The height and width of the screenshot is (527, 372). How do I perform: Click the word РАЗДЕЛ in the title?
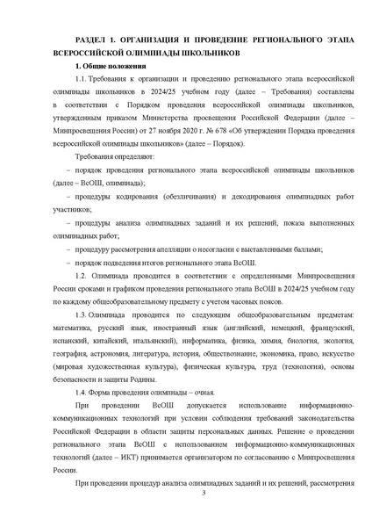(x=92, y=40)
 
